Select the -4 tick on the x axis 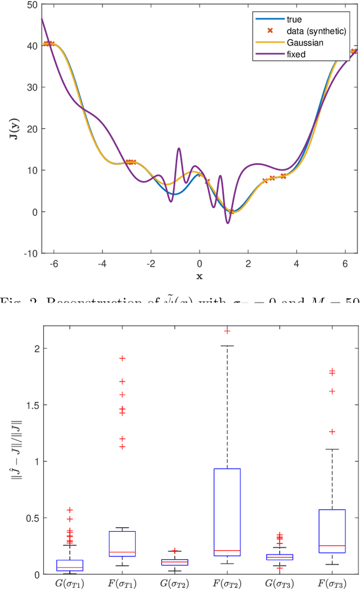pos(102,263)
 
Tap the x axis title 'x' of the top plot pos(199,276)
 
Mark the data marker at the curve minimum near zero pos(231,212)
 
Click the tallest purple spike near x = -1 pos(179,149)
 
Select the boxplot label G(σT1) pos(70,583)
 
